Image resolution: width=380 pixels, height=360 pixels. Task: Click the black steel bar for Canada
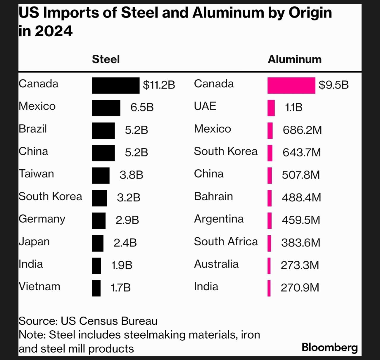(115, 86)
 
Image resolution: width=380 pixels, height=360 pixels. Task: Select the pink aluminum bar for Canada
(291, 86)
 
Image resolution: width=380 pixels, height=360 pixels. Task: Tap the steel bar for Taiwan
(101, 176)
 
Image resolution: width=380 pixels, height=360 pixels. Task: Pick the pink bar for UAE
(271, 108)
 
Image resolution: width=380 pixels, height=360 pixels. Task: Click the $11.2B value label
(159, 85)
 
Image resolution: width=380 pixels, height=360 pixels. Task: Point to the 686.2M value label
(302, 130)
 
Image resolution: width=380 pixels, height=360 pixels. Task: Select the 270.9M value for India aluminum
(300, 288)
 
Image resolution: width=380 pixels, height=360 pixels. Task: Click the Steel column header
(106, 59)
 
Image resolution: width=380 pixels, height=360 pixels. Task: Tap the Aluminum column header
(294, 59)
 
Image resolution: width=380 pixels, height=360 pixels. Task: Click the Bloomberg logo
(330, 347)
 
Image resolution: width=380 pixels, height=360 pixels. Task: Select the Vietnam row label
(39, 287)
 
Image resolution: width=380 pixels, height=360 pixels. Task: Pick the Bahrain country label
(213, 196)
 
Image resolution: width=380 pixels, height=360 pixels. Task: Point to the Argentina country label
(219, 219)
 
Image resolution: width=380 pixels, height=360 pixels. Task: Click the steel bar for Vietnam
(96, 288)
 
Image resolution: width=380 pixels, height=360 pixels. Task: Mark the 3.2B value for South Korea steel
(129, 198)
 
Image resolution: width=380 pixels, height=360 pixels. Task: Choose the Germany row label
(42, 219)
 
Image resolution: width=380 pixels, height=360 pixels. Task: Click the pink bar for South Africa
(269, 243)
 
